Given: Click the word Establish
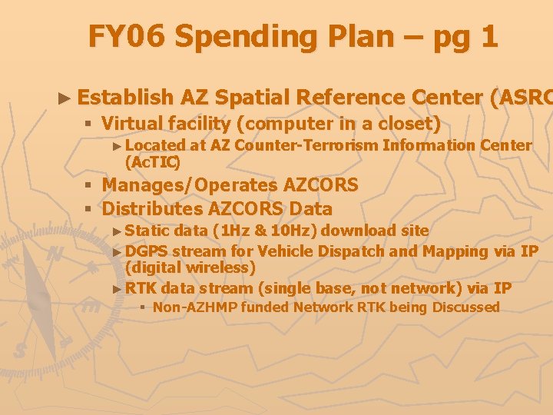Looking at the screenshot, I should tap(125, 98).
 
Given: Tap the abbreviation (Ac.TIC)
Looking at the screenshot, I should tap(153, 161).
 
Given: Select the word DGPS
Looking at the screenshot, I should tap(147, 251).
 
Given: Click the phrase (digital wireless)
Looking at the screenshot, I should tap(190, 267).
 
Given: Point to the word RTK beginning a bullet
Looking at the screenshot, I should tap(141, 288).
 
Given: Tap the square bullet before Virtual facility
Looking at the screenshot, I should tap(88, 123).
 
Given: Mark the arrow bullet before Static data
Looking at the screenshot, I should tap(116, 231).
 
